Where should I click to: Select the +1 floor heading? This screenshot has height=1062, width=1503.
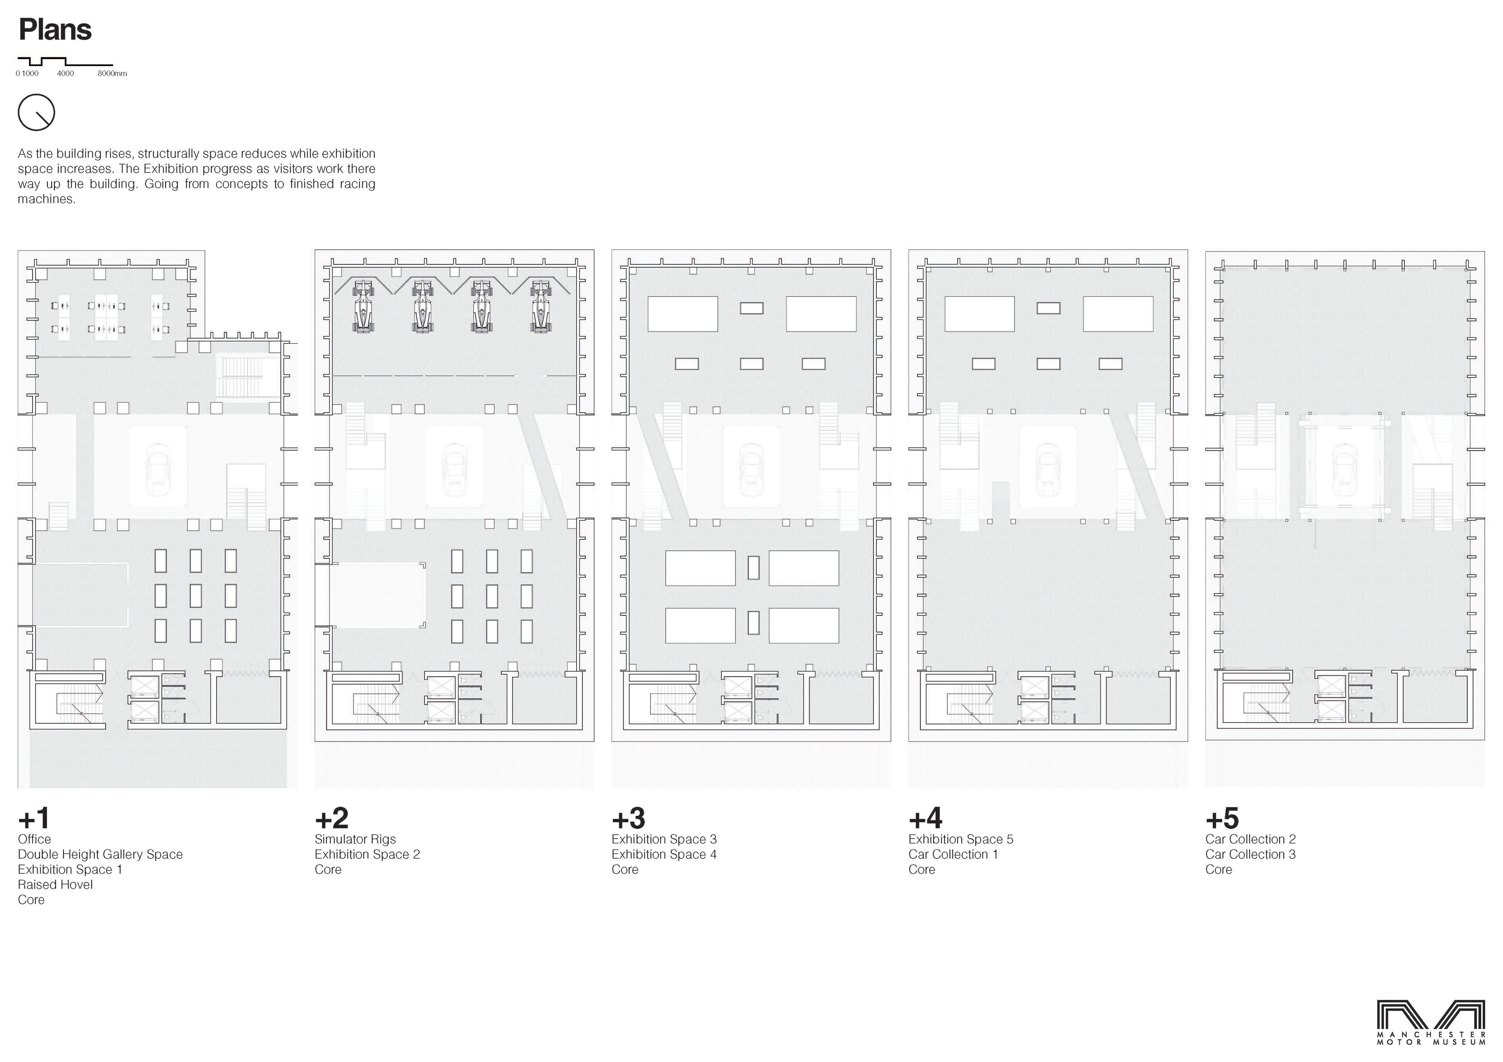[x=34, y=818]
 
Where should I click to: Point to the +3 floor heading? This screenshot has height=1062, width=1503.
[x=629, y=818]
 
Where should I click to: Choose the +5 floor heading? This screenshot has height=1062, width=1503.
[x=1222, y=818]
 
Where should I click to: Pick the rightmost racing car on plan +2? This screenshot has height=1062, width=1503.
[x=541, y=305]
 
